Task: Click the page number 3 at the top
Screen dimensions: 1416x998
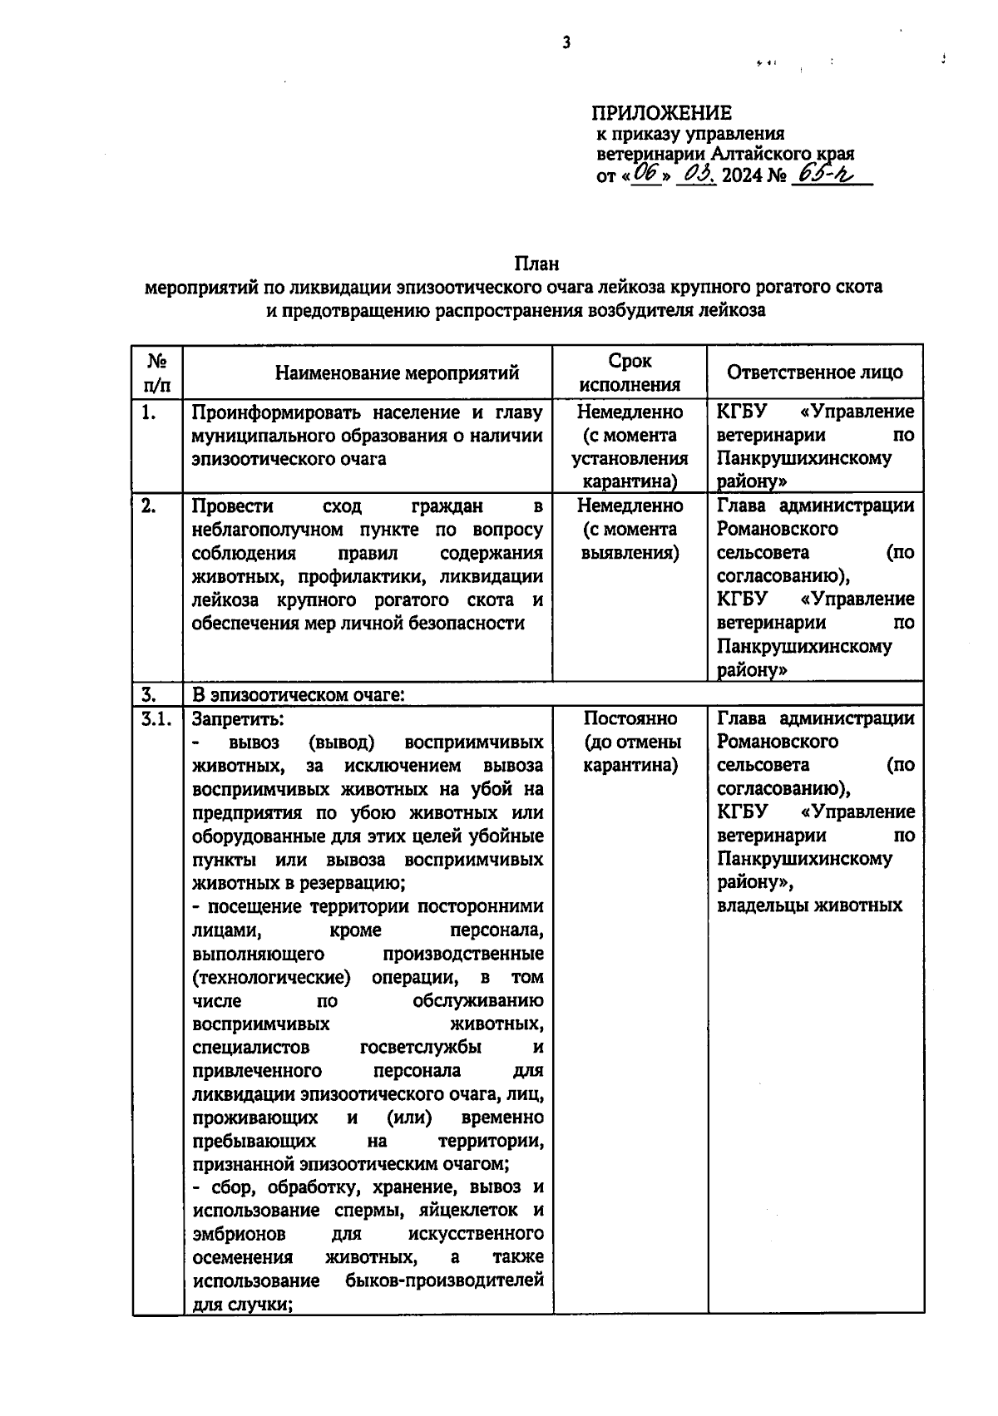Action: (566, 42)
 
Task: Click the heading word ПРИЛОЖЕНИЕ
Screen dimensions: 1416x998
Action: (661, 113)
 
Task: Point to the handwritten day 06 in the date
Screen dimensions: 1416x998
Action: (645, 174)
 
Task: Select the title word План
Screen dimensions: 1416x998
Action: (536, 264)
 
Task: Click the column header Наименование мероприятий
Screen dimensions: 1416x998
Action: (397, 373)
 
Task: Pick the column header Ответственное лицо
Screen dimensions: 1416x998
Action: (814, 372)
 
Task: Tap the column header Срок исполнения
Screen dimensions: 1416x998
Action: (630, 373)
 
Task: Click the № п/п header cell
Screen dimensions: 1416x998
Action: (158, 373)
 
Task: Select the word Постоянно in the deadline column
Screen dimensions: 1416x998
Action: (630, 718)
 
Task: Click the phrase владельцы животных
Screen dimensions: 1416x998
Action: (809, 905)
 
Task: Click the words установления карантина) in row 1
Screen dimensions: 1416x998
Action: (630, 470)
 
